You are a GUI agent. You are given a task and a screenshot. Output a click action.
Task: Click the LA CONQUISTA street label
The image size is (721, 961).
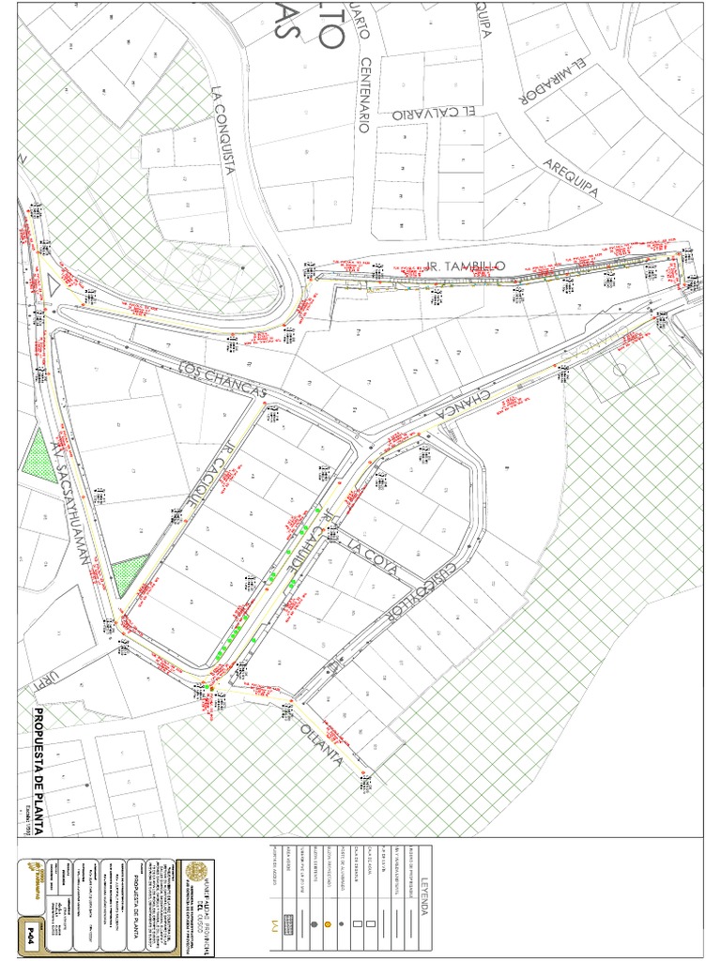point(222,131)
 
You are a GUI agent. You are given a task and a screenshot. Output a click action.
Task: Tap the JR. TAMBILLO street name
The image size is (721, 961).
point(467,267)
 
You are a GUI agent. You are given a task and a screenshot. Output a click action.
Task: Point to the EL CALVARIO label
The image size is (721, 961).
point(432,114)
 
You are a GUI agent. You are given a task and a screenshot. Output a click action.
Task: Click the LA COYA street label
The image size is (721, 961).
point(373,555)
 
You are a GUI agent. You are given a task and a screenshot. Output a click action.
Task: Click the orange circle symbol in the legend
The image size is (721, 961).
point(328,924)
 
